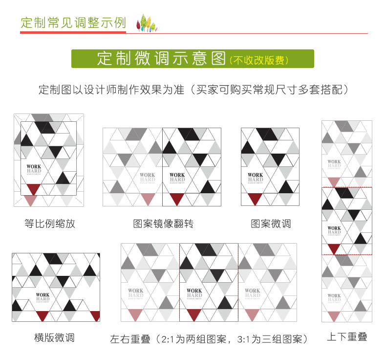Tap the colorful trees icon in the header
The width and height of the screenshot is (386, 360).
click(x=145, y=22)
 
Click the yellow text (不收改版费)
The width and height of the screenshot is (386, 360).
click(x=259, y=60)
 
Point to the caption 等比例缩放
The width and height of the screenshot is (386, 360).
click(x=50, y=224)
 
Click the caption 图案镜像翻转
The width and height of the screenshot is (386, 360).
click(x=163, y=224)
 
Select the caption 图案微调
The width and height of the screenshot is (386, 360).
click(x=271, y=224)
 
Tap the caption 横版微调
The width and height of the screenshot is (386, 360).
click(x=54, y=337)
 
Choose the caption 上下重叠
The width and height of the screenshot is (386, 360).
click(x=347, y=337)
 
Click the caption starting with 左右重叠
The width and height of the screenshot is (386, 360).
click(x=209, y=339)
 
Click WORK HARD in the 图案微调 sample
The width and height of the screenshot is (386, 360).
click(x=255, y=177)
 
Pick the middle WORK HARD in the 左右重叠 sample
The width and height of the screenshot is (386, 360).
click(x=194, y=293)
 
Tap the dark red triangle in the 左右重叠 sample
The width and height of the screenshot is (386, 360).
click(x=194, y=315)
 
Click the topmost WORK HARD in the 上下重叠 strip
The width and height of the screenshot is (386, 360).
click(x=334, y=163)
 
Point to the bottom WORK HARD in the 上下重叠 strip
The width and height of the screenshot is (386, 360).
click(x=334, y=297)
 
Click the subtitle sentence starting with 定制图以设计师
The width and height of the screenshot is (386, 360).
click(x=193, y=90)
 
